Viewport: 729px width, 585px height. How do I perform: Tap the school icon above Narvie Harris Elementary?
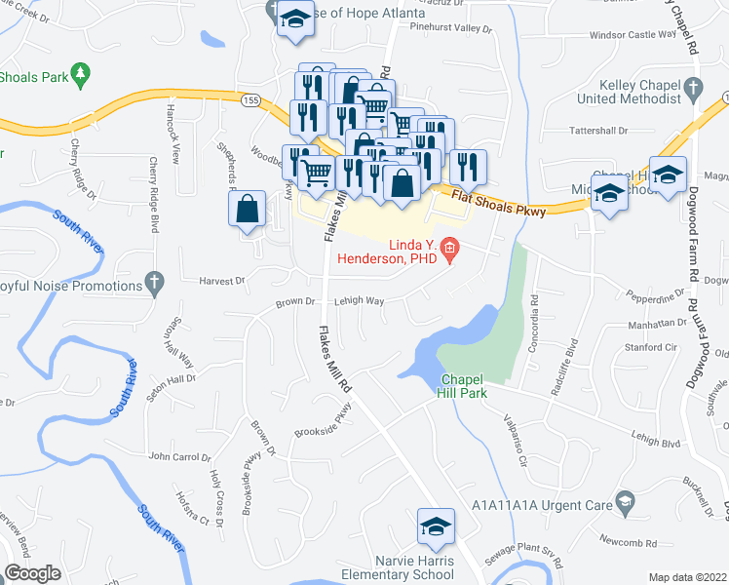tap(434, 528)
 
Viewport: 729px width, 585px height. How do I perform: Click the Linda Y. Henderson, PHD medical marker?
tap(449, 250)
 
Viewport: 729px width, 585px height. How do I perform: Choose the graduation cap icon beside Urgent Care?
tap(625, 504)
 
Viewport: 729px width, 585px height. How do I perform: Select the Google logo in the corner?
tap(32, 572)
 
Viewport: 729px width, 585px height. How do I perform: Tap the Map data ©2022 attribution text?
tap(687, 577)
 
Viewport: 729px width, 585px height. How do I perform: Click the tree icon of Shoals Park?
tap(81, 72)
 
